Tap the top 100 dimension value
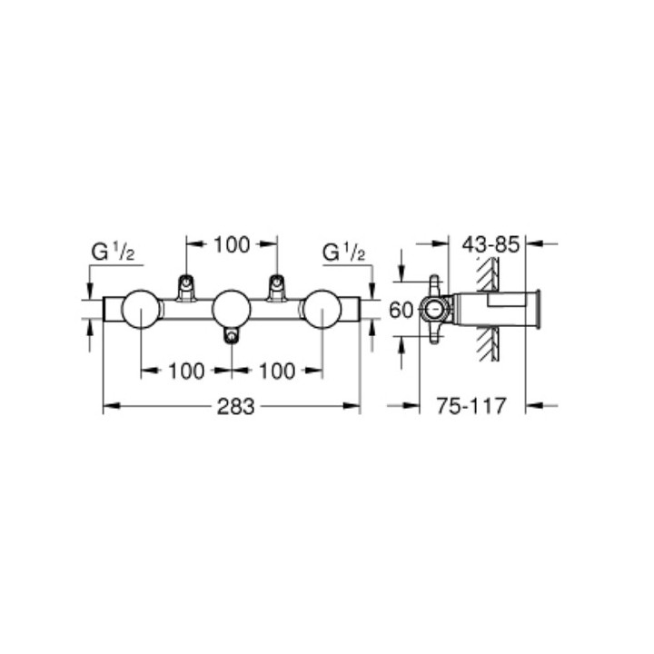231,243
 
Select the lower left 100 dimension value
185,370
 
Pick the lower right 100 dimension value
277,370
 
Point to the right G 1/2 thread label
344,251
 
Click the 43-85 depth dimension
490,243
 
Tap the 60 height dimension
401,310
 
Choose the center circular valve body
231,310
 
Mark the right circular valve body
322,310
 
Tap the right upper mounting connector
276,287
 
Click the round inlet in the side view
433,310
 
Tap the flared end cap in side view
540,310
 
